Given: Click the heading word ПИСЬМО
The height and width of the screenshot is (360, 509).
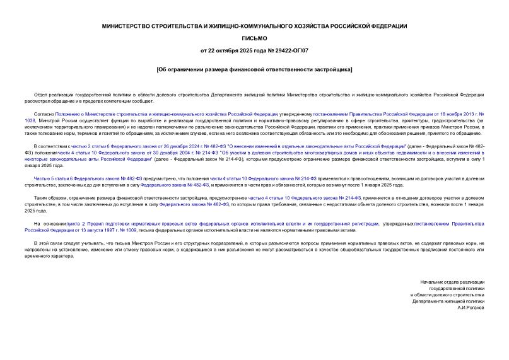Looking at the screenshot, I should (x=254, y=38).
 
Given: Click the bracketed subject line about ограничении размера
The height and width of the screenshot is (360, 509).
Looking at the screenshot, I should (x=254, y=68).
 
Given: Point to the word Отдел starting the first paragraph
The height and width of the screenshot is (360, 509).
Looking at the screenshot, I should (x=40, y=93).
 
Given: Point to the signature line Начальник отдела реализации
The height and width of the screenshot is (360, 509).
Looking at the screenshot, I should (x=452, y=281).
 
